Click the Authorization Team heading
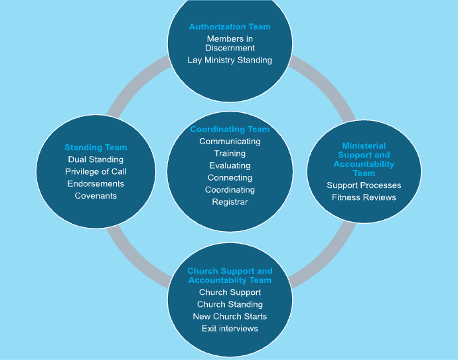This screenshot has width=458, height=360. tap(230, 27)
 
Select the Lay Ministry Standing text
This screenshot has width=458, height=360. tap(230, 60)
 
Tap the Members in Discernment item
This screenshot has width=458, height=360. tap(230, 43)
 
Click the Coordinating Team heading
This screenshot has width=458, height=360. tap(230, 130)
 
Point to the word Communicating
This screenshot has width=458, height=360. tap(230, 141)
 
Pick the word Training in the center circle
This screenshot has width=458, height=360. tap(230, 153)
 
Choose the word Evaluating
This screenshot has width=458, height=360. tap(230, 165)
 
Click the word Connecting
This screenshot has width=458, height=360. tap(230, 177)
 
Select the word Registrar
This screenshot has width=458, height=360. tap(230, 201)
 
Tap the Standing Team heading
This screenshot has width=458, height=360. tap(96, 147)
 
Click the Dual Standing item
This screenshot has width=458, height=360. tap(96, 159)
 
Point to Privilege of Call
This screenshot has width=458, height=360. tap(96, 171)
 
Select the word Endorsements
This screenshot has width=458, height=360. tap(96, 183)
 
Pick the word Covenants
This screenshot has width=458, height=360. tap(96, 195)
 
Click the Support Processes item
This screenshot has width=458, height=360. tap(364, 185)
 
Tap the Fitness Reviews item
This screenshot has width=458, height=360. tap(364, 197)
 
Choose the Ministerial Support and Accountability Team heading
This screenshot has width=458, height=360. tap(364, 159)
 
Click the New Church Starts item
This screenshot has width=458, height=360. tap(230, 316)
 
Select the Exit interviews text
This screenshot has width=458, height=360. tap(230, 328)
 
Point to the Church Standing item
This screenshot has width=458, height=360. tap(230, 304)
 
